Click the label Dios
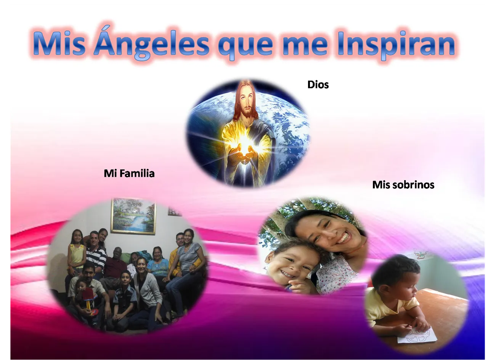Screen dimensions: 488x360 click(x=318, y=85)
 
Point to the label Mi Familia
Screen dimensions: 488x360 click(x=129, y=173)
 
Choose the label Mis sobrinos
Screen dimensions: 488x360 click(x=403, y=185)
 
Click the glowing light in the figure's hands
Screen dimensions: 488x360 click(x=244, y=142)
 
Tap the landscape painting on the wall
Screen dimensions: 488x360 click(x=133, y=216)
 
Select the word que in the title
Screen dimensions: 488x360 click(x=245, y=45)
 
